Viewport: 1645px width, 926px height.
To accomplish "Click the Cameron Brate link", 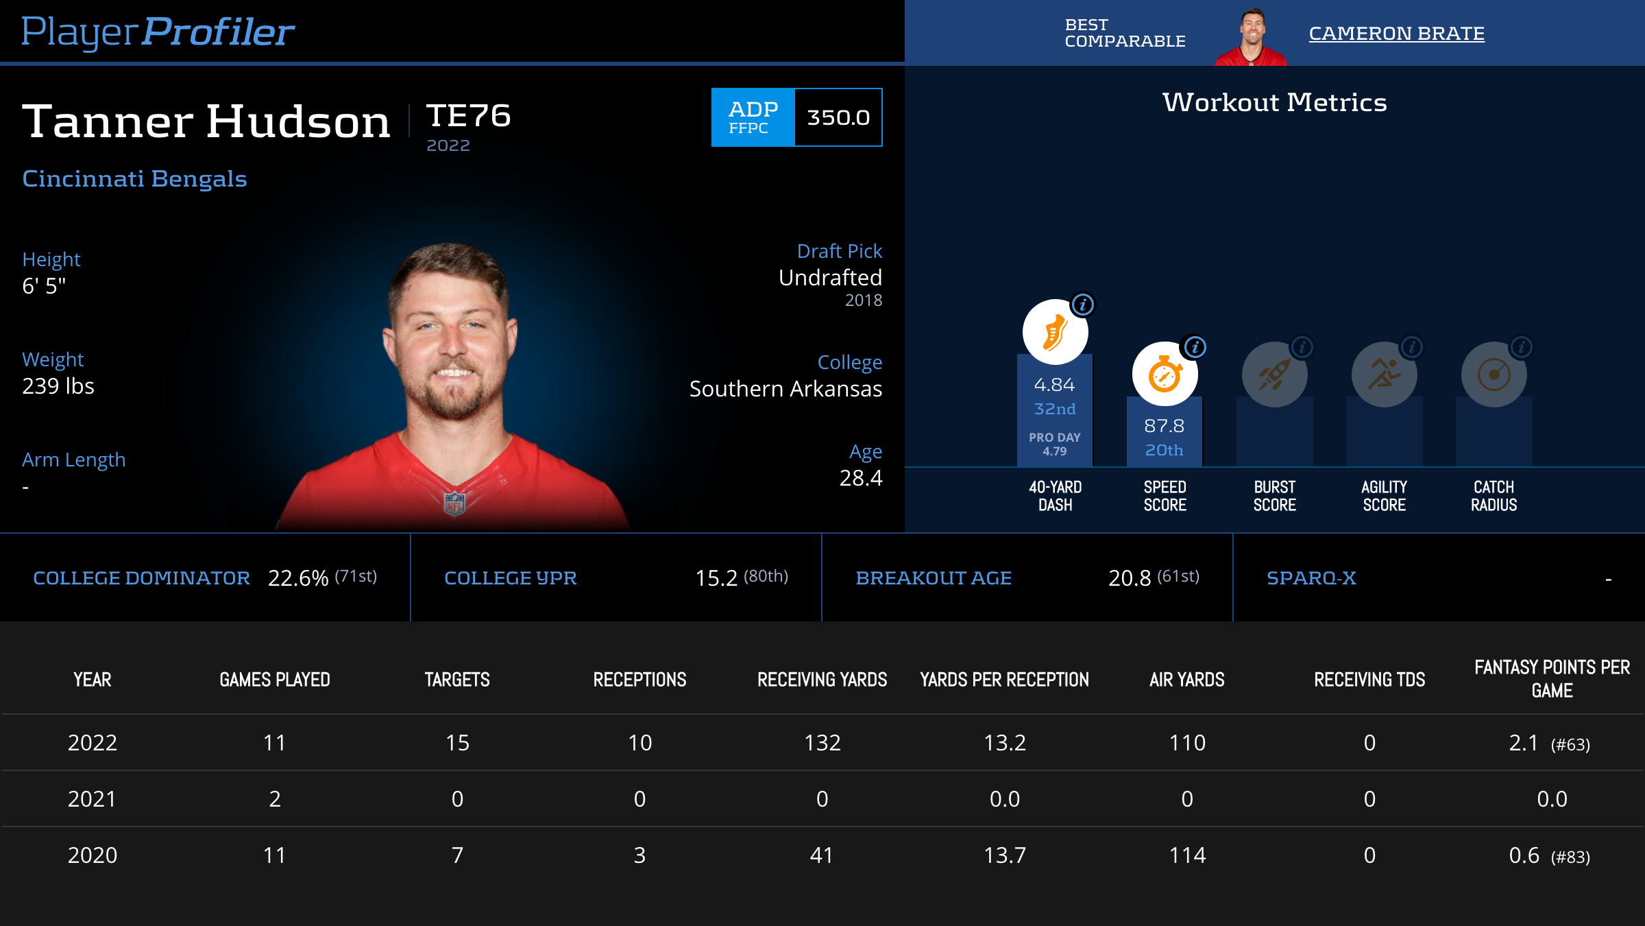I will [1396, 34].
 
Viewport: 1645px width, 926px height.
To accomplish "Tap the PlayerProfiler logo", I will [158, 32].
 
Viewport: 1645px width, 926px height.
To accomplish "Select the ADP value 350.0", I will [838, 117].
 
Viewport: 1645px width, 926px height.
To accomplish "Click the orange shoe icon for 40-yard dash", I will [1055, 332].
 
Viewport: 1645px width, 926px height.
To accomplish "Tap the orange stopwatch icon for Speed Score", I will [1165, 375].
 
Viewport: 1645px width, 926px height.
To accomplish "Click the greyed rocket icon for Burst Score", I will [1274, 375].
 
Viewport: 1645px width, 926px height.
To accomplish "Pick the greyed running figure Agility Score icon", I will [1384, 375].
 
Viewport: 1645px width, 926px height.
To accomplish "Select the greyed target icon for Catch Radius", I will [1494, 375].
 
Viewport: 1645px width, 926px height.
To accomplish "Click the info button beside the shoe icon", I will [1083, 305].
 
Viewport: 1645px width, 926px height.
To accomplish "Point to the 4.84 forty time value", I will [1054, 385].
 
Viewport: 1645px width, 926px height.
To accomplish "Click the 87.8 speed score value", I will [1164, 426].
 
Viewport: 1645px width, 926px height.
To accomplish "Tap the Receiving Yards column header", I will [822, 680].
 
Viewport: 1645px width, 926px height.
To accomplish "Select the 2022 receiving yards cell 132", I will [822, 743].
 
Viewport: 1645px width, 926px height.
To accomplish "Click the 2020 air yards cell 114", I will [1187, 855].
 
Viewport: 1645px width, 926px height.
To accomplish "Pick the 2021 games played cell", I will [275, 799].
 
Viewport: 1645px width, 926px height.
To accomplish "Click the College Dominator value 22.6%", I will [298, 578].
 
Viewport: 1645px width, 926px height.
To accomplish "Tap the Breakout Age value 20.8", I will [1130, 578].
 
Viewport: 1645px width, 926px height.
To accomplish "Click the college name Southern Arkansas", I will [785, 389].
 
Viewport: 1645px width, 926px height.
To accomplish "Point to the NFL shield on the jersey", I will [454, 503].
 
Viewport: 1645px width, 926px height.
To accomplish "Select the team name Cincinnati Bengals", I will [134, 178].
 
